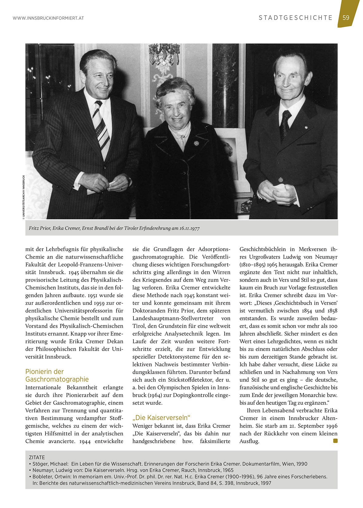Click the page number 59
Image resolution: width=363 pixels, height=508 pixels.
click(x=346, y=18)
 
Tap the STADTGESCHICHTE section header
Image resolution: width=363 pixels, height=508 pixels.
click(x=295, y=18)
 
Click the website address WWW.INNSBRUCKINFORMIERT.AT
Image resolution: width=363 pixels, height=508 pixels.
click(x=48, y=18)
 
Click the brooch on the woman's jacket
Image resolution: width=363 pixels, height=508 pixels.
click(x=195, y=143)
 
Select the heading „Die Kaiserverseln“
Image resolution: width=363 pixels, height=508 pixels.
click(x=161, y=418)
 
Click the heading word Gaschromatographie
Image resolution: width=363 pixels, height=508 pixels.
click(x=57, y=379)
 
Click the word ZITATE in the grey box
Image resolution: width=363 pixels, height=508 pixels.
click(x=37, y=457)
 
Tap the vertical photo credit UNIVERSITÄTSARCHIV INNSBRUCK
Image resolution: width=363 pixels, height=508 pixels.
click(x=23, y=197)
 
